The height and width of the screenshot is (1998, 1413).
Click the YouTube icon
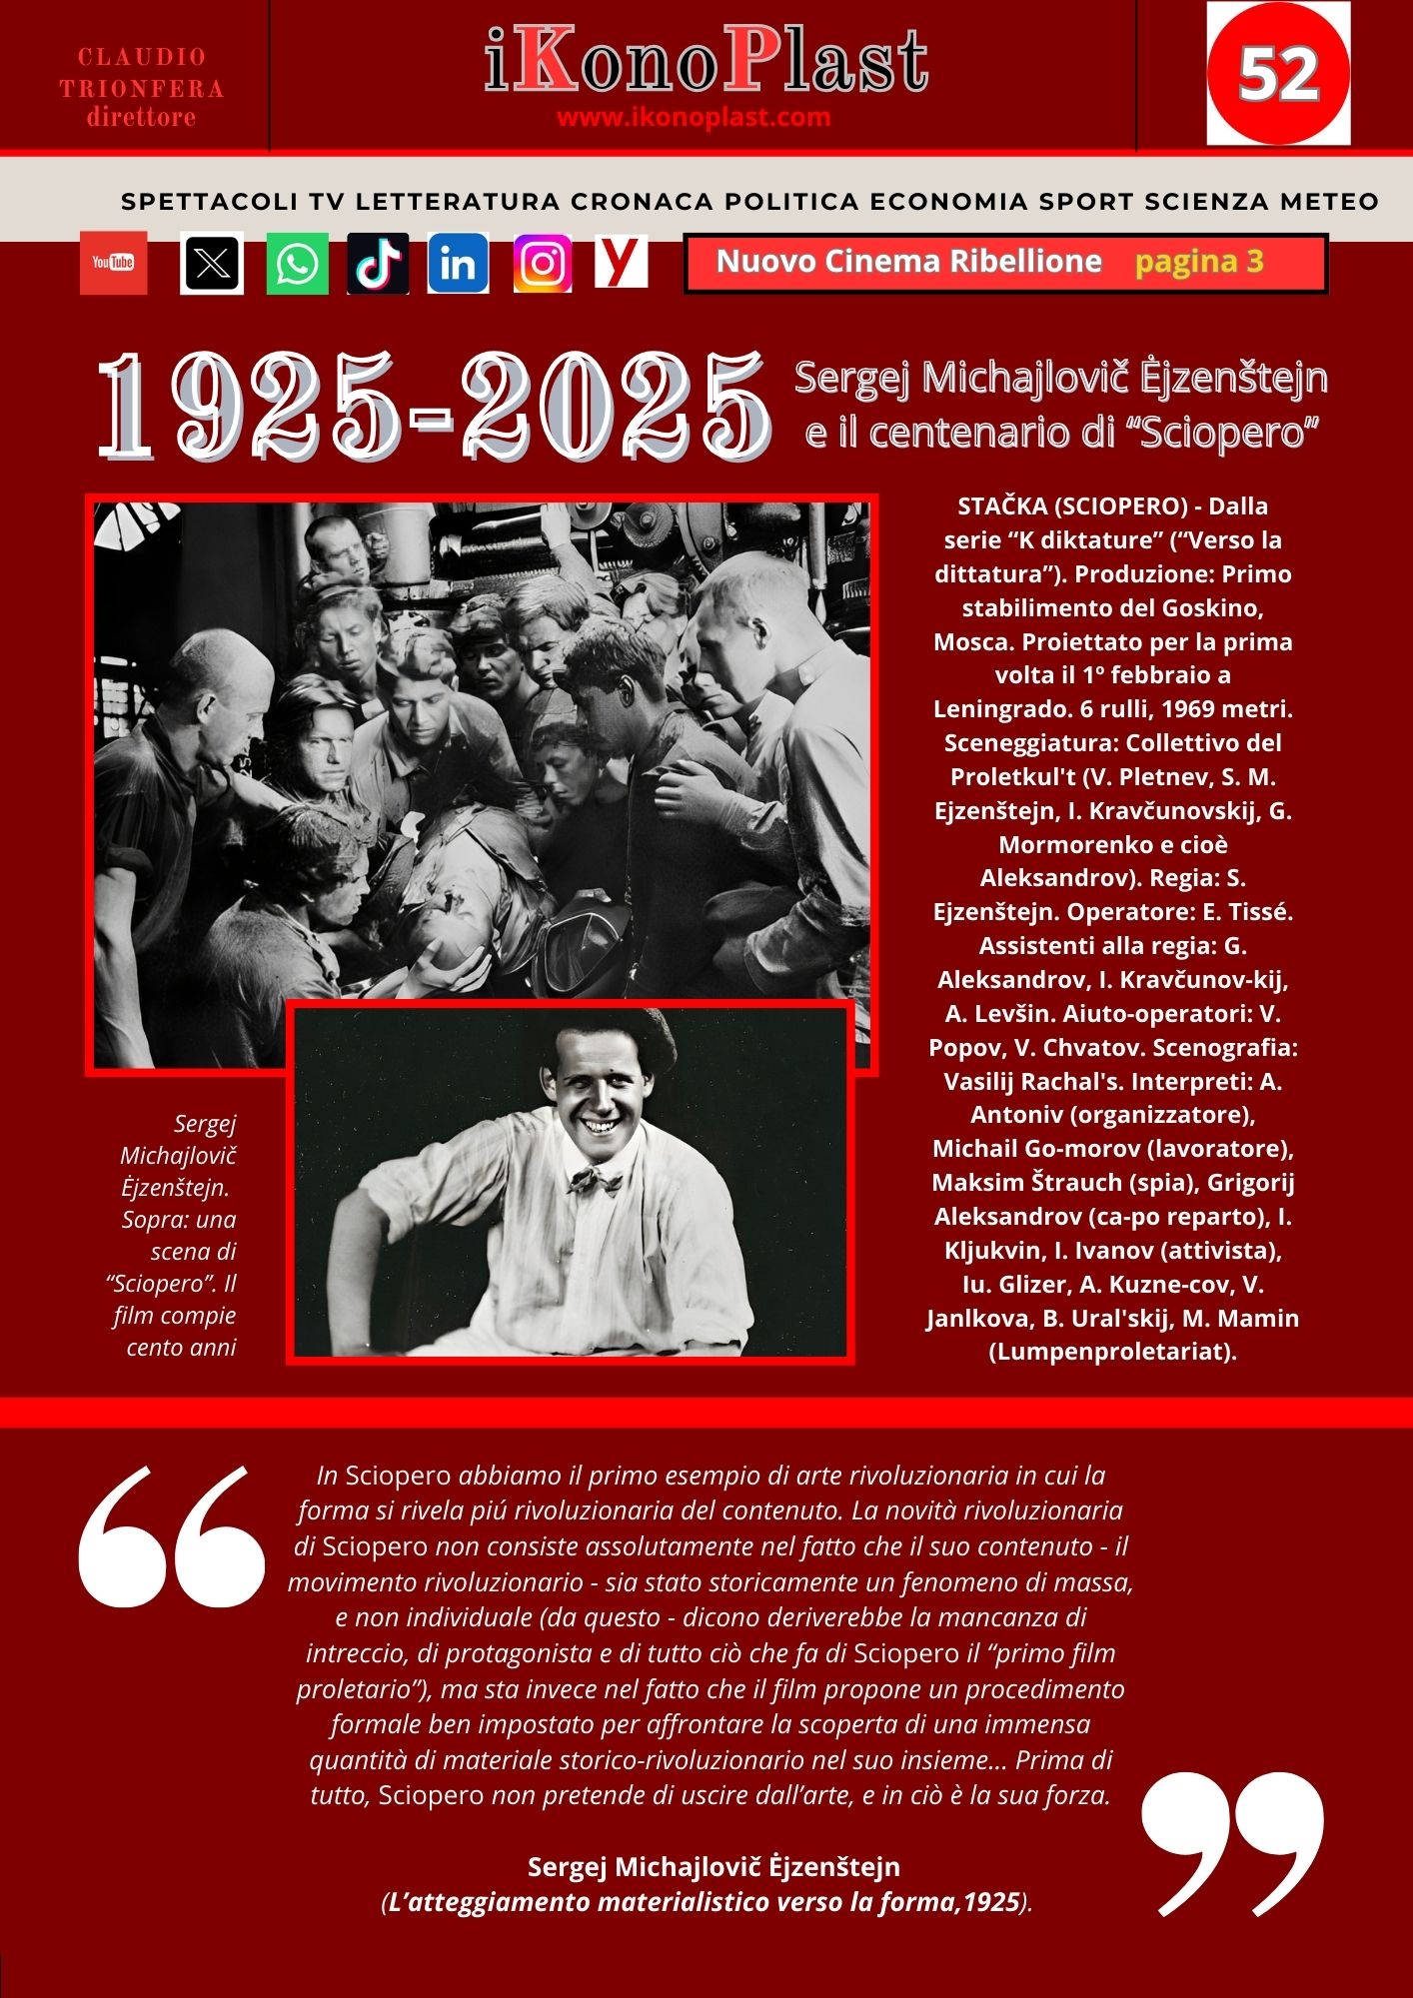click(x=113, y=263)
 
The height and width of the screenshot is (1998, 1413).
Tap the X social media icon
click(x=212, y=264)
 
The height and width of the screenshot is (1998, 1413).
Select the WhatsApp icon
click(x=297, y=264)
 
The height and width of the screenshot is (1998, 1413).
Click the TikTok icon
click(x=378, y=264)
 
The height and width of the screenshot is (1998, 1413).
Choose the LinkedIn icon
click(x=458, y=264)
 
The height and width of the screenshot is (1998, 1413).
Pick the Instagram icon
click(x=543, y=264)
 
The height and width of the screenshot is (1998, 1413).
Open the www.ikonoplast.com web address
click(x=694, y=118)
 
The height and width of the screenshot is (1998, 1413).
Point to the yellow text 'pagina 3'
click(x=1199, y=262)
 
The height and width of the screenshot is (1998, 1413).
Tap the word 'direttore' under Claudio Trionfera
click(x=141, y=118)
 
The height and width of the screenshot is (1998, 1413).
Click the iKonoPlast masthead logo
click(x=706, y=62)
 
